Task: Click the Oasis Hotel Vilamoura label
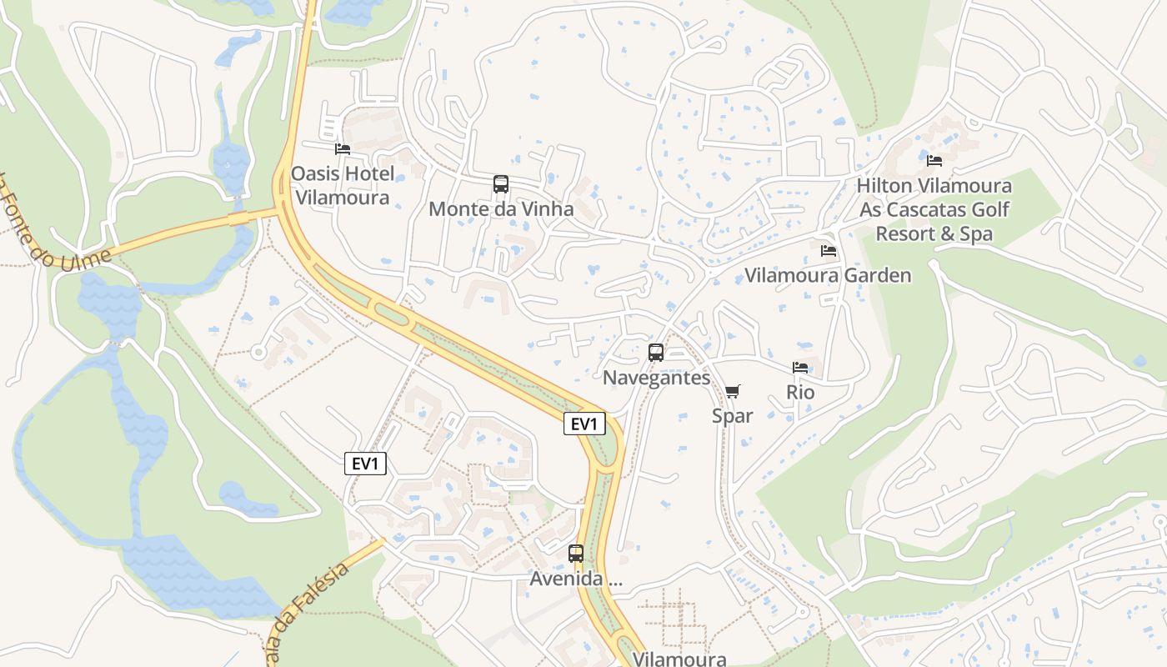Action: point(342,186)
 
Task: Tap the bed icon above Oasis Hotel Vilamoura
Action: point(342,149)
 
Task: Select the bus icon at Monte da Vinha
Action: point(500,184)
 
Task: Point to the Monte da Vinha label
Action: point(501,209)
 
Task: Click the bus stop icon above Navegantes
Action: point(656,353)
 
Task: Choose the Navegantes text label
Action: point(656,378)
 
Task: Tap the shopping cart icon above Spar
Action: point(733,391)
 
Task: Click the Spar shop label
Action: point(733,415)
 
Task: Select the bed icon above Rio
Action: point(800,368)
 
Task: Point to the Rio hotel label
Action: point(800,392)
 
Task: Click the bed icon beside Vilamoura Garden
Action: point(828,250)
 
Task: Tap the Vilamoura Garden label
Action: point(828,275)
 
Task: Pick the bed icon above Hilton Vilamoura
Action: point(934,160)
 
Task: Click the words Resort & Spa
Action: point(934,233)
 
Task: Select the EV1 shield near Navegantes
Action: point(583,424)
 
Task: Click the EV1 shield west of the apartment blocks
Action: point(365,464)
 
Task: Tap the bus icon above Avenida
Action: point(575,553)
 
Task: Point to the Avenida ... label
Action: point(576,579)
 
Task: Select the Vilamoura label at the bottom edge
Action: point(679,659)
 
